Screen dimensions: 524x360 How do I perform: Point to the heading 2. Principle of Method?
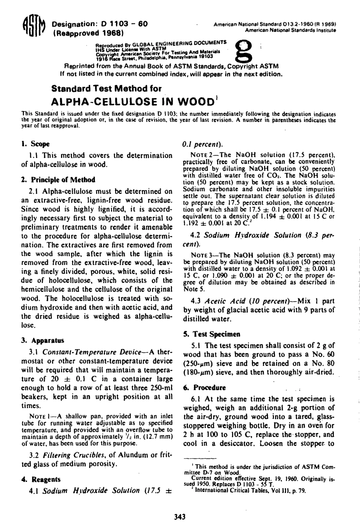(x=58, y=180)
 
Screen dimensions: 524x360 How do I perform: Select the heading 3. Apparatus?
(x=43, y=340)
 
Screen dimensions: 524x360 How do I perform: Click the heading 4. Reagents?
(x=41, y=479)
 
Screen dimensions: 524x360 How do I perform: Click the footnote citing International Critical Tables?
(x=248, y=490)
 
